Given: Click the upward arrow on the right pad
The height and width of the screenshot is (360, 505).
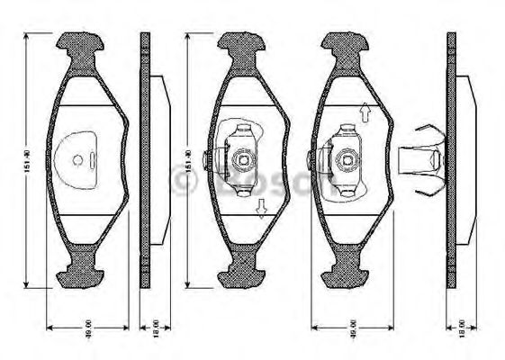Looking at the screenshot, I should pyautogui.click(x=365, y=112).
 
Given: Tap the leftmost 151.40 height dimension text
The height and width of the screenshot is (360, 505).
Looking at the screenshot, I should pyautogui.click(x=28, y=160).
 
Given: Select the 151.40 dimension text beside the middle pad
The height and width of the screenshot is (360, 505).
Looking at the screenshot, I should pyautogui.click(x=188, y=160).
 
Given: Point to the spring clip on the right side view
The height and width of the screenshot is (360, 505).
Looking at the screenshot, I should pyautogui.click(x=421, y=159).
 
